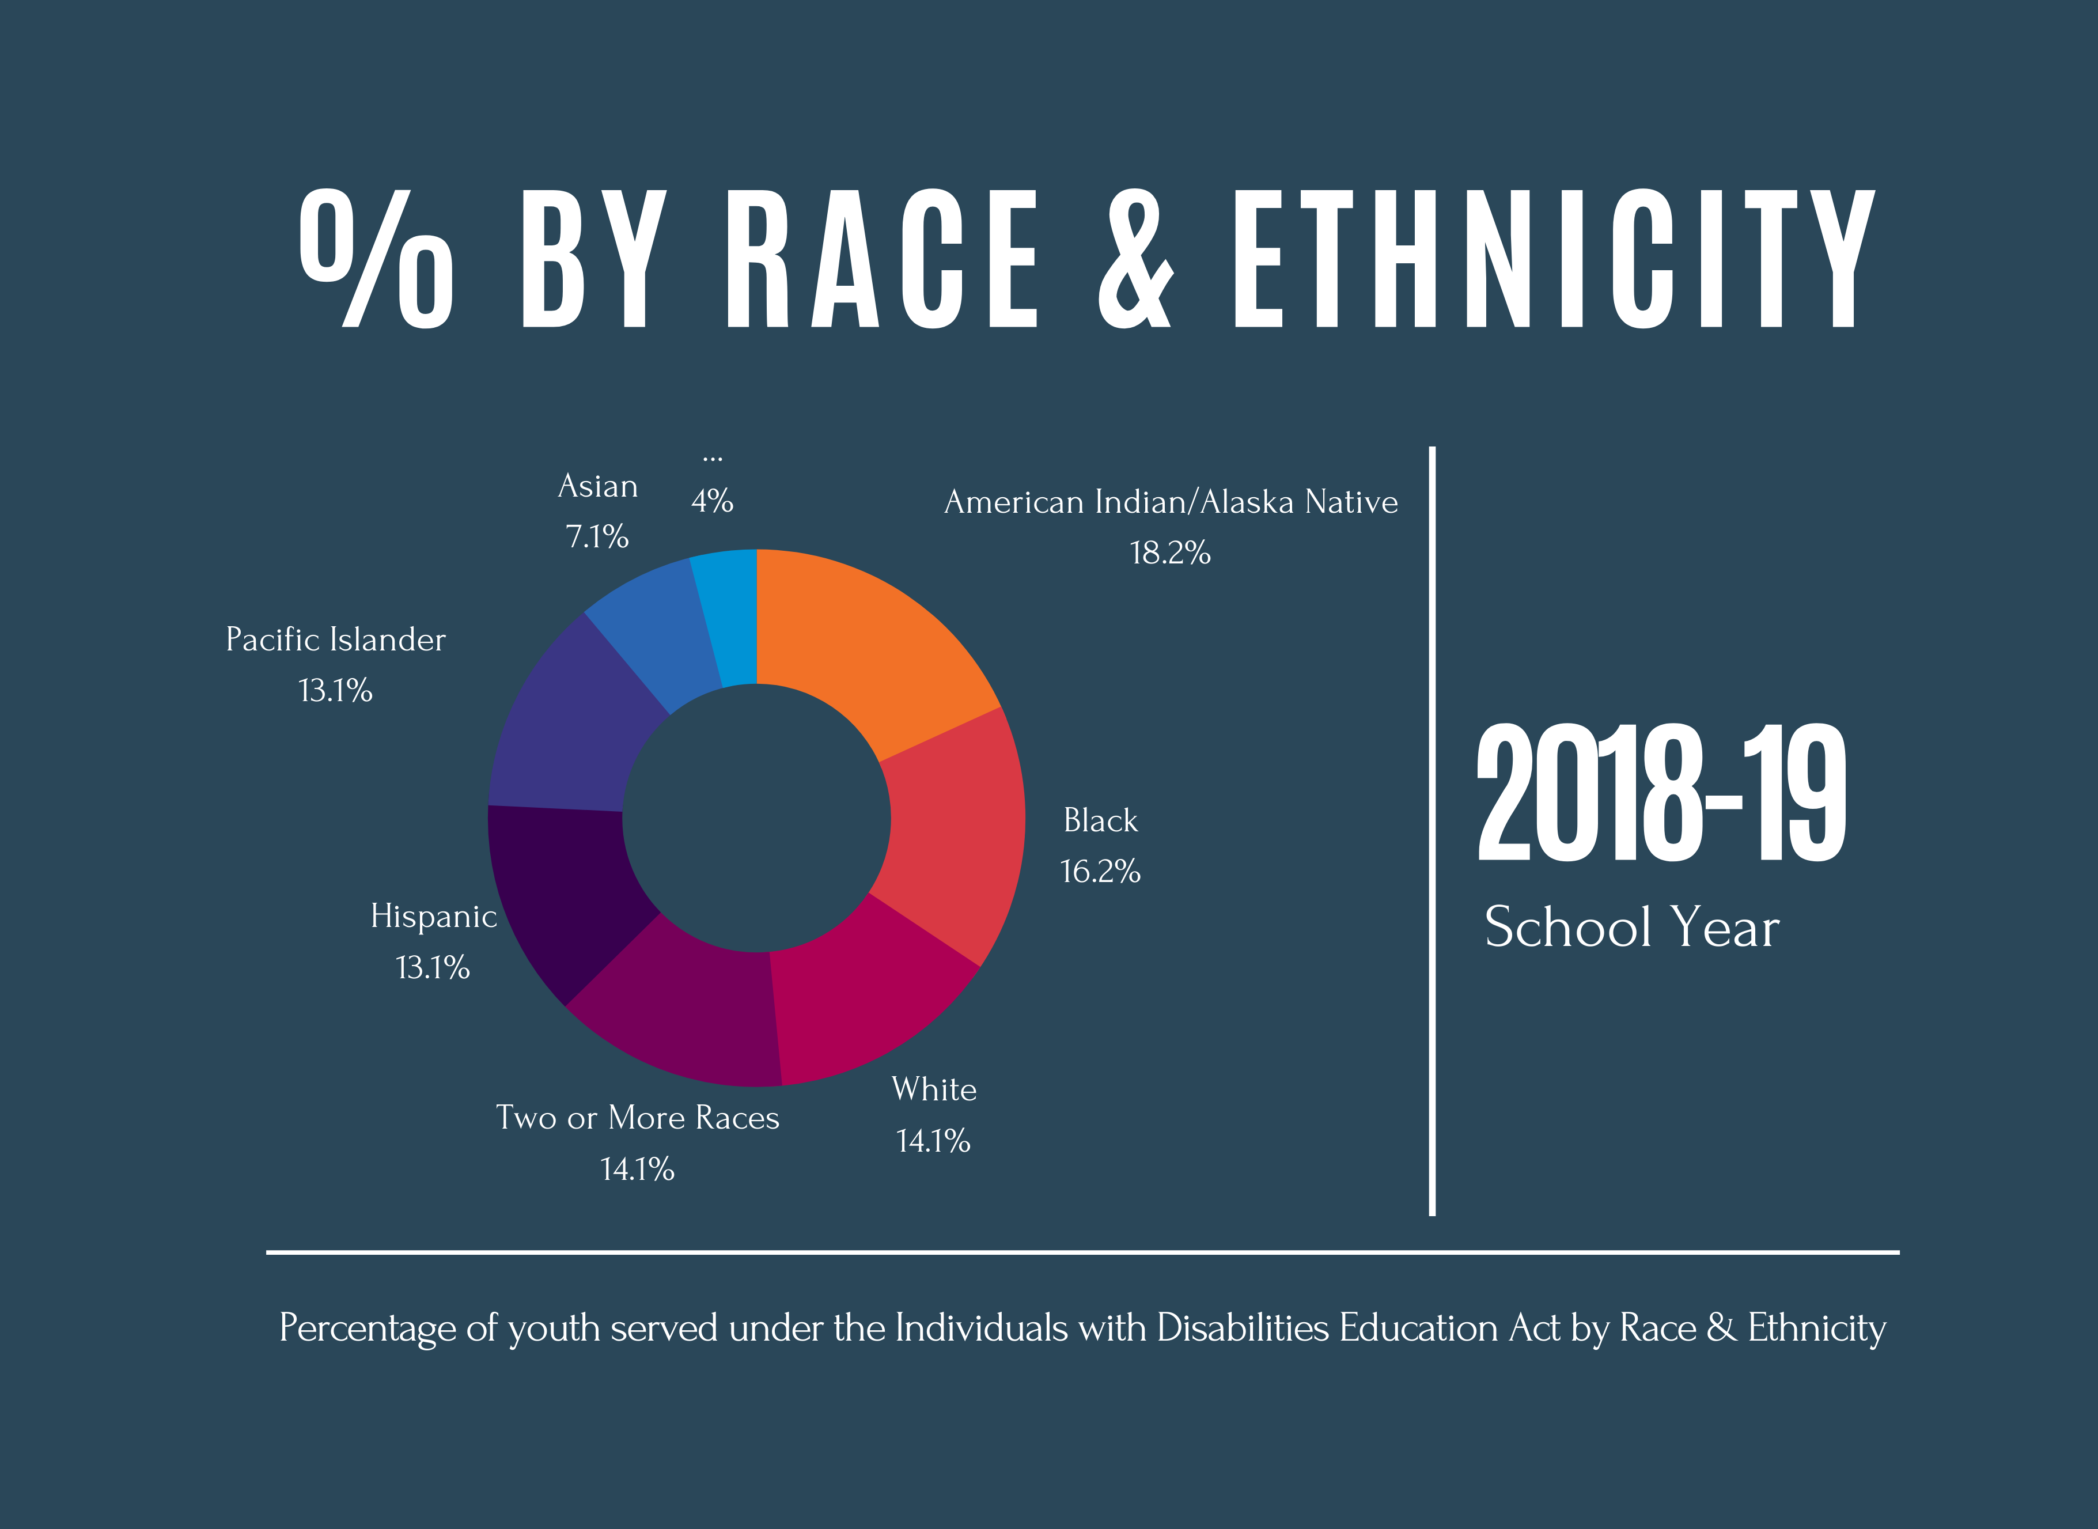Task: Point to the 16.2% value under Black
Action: coord(1100,872)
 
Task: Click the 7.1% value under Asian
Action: coord(597,537)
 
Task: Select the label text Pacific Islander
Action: coord(335,639)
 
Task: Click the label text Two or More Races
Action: coord(638,1118)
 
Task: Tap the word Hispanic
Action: coord(433,916)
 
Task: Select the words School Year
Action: coord(1631,928)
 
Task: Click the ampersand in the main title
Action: coord(1135,259)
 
